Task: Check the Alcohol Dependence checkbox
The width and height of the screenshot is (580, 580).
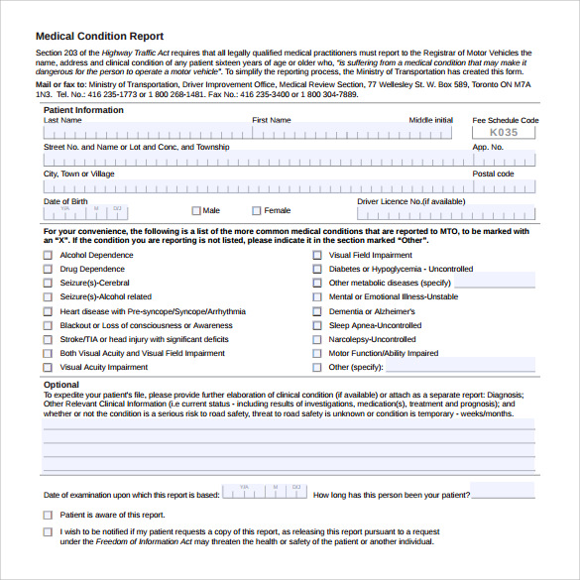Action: tap(48, 256)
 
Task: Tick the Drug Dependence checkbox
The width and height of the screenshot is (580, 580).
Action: tap(48, 270)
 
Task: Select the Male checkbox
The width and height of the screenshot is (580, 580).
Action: tap(196, 210)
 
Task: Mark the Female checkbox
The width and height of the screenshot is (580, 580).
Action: tap(257, 210)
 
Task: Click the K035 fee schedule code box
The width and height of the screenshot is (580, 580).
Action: tap(504, 132)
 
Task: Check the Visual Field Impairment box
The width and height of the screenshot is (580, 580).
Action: tap(316, 256)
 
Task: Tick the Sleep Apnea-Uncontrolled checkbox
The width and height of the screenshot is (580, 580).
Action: tap(316, 325)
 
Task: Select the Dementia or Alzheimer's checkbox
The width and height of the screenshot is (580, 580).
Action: tap(316, 311)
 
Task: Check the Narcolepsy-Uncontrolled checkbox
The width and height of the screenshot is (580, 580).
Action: tap(316, 339)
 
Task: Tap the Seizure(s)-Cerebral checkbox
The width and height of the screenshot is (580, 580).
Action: tap(48, 284)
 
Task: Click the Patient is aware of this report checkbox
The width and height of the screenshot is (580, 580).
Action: tap(48, 516)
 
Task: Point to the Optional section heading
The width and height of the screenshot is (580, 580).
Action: tap(61, 385)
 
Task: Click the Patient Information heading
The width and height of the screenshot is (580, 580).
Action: tap(83, 110)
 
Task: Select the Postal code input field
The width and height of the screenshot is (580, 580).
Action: tap(504, 186)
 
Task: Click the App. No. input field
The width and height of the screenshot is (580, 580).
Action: tap(504, 160)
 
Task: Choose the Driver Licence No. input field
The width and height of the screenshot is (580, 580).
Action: tap(446, 212)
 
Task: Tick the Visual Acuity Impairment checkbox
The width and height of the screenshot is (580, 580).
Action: tap(48, 367)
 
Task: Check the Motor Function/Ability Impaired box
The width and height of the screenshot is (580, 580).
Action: tap(316, 353)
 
